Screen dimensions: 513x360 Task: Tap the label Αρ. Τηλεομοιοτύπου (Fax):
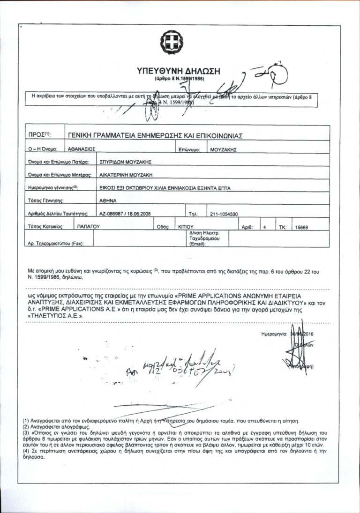[x=56, y=244]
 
